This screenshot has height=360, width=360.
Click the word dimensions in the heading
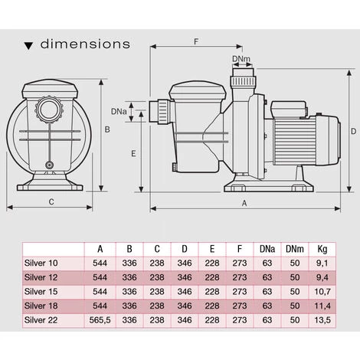tap(84, 44)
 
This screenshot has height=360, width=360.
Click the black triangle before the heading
tap(28, 44)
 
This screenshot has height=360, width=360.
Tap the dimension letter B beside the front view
tap(107, 129)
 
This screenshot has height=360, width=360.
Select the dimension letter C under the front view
tap(51, 202)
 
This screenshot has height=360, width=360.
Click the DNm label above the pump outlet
tap(240, 58)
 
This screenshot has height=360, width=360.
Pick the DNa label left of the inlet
tap(119, 112)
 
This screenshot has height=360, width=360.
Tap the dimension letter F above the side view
tap(198, 43)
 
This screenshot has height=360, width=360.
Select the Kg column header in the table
tap(322, 249)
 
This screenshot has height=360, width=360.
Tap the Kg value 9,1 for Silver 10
tap(322, 263)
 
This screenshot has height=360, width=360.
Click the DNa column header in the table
tap(266, 249)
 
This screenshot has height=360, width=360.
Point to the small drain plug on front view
tap(51, 165)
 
